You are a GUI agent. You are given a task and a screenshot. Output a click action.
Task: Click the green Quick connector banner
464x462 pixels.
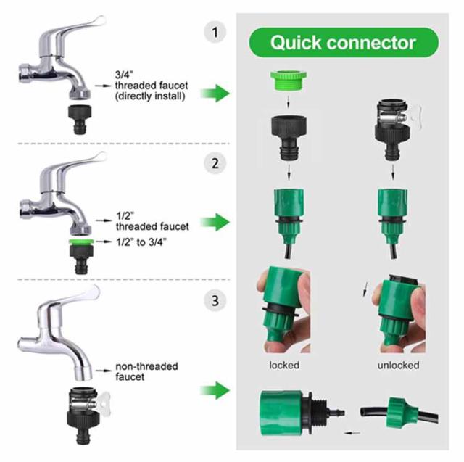click(344, 42)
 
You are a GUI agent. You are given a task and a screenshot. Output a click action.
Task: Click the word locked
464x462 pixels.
click(283, 365)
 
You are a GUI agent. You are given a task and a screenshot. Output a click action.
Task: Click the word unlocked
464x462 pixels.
click(398, 365)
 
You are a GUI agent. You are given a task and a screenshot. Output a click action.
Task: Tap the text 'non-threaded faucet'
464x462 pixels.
click(146, 371)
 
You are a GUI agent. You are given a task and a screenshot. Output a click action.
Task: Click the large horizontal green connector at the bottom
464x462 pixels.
click(287, 411)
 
